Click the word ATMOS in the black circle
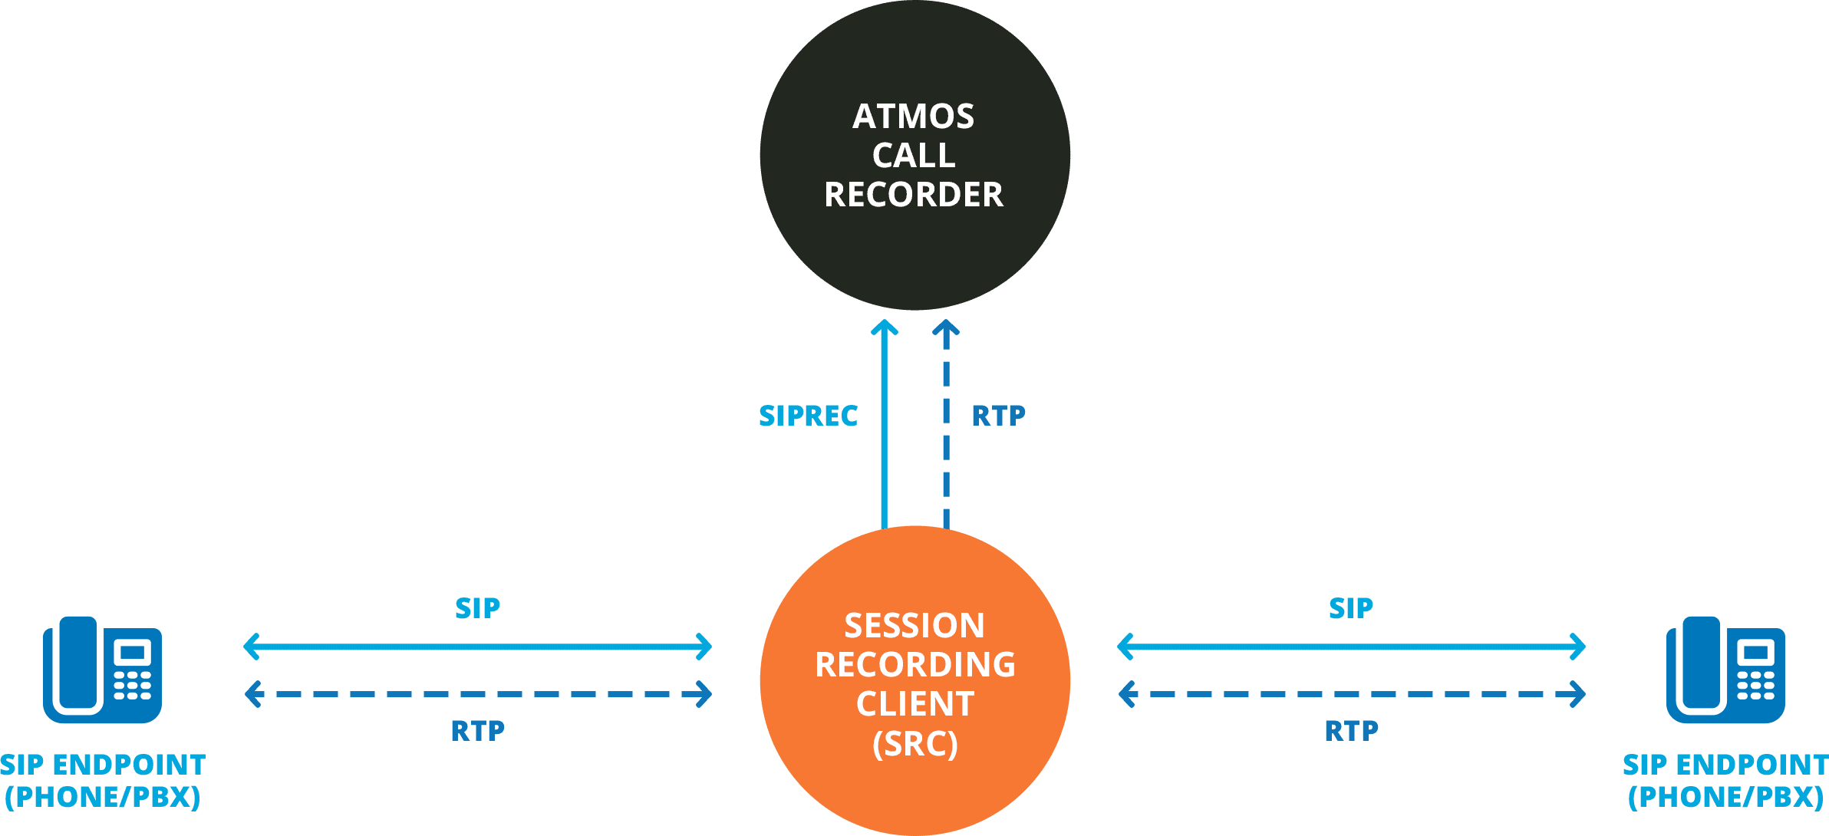click(x=914, y=117)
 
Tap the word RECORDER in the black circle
click(x=914, y=195)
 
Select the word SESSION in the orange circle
click(x=914, y=626)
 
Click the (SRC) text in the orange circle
click(x=915, y=744)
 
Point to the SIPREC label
click(x=808, y=416)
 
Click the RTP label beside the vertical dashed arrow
click(x=998, y=416)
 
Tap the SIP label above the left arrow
click(x=477, y=608)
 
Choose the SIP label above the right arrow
click(x=1351, y=608)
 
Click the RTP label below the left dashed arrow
click(x=478, y=731)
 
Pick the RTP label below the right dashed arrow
click(x=1352, y=731)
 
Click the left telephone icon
click(x=103, y=670)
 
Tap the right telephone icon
click(x=1726, y=670)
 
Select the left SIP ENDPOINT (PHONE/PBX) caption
click(x=103, y=781)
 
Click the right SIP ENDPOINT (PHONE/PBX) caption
click(x=1725, y=781)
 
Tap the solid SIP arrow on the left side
click(x=477, y=647)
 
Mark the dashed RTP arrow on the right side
click(x=1351, y=694)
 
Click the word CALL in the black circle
click(x=914, y=156)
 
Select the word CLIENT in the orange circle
click(x=915, y=704)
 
